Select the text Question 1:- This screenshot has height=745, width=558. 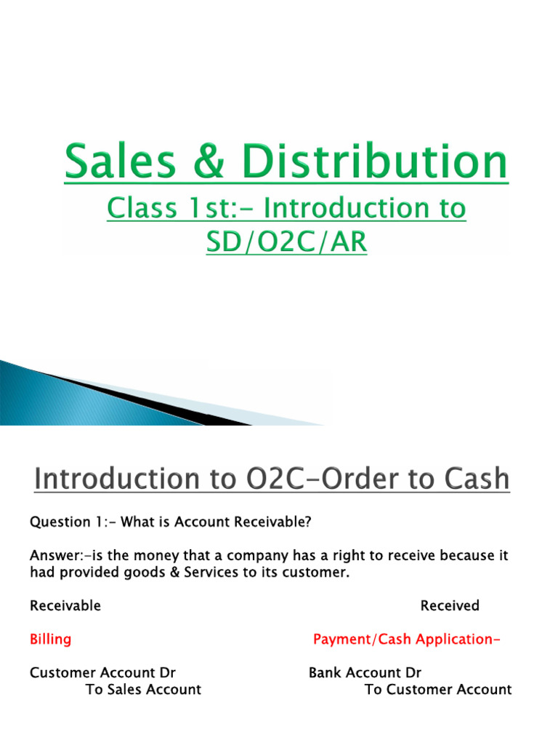point(72,522)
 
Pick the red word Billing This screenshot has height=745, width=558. point(50,640)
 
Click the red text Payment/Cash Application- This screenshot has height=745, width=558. point(407,640)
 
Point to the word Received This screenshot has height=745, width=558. point(450,605)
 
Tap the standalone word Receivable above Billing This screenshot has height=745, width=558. point(65,605)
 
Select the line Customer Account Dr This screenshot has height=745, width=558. point(102,673)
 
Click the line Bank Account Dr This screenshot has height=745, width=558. point(365,673)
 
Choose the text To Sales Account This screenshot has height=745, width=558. point(143,690)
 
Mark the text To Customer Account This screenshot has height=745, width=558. point(438,690)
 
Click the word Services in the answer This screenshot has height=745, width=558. point(181,573)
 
